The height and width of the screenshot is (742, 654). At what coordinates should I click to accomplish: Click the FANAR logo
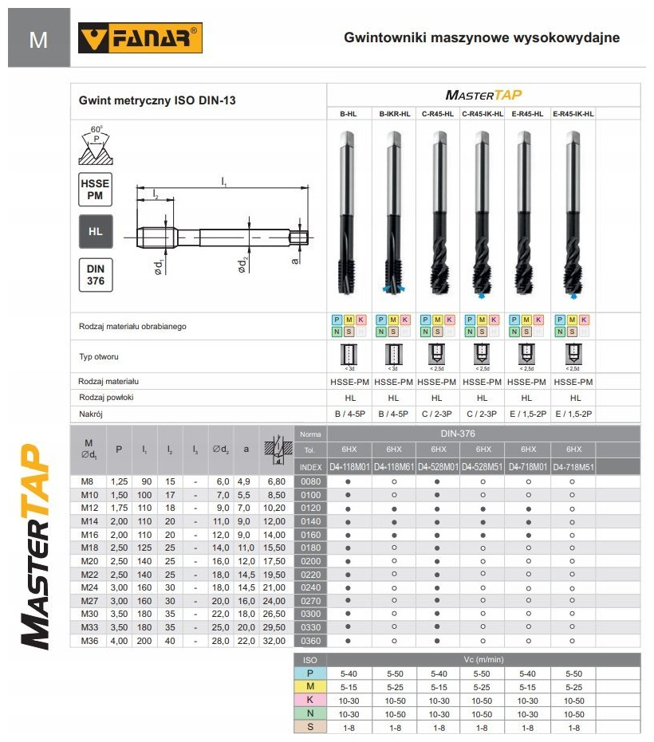140,37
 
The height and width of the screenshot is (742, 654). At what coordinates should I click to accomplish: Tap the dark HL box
95,232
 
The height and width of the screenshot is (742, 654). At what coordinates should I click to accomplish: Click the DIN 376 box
95,275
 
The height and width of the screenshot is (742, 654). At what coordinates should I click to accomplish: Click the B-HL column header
349,114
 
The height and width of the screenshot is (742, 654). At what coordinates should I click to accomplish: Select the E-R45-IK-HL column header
573,114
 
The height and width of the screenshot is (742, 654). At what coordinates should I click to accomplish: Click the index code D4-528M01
438,466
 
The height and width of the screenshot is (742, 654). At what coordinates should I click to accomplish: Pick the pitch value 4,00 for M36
119,640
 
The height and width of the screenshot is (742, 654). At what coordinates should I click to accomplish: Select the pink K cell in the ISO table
310,699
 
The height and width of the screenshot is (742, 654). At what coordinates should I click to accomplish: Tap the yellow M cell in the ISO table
310,686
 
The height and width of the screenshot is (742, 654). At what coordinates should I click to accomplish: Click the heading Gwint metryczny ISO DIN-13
157,101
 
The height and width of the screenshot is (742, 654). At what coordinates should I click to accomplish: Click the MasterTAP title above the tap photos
484,95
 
